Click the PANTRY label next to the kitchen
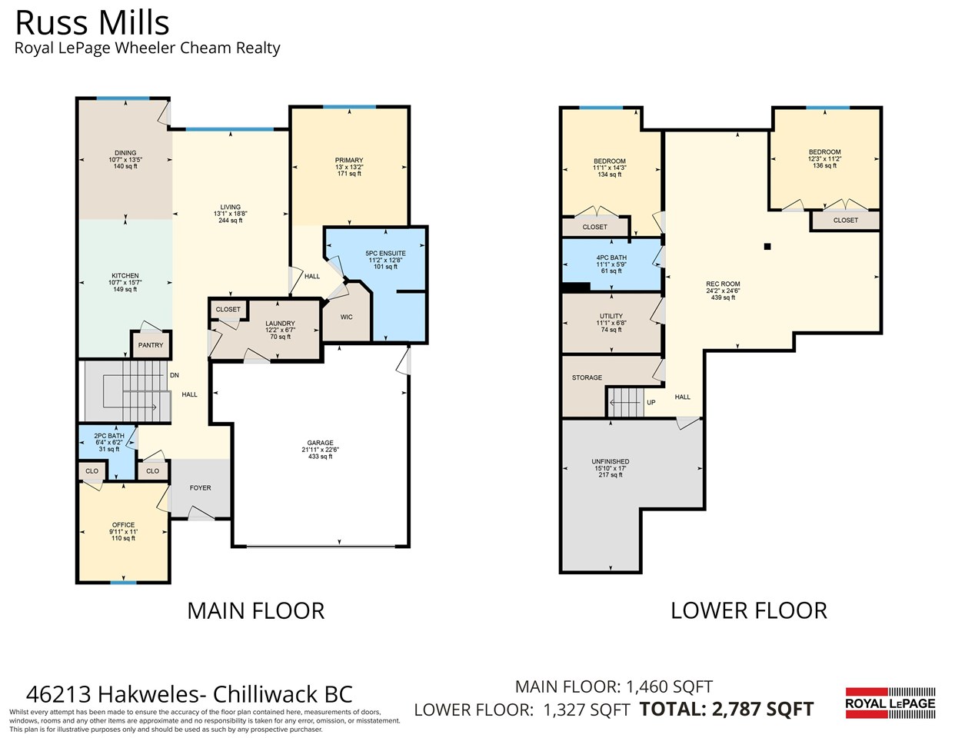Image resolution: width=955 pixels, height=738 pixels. (151, 345)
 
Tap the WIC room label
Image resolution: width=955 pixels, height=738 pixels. (346, 317)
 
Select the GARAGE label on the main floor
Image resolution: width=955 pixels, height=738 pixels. (321, 443)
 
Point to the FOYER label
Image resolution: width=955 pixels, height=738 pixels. (201, 488)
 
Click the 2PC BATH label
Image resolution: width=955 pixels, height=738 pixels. (109, 436)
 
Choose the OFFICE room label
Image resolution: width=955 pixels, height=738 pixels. (124, 525)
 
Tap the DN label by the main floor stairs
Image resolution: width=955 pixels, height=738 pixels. (175, 376)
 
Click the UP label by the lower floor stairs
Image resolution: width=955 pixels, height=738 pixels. (651, 402)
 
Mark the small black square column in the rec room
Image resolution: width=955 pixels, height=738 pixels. (767, 247)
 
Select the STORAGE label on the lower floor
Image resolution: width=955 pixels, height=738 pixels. (587, 377)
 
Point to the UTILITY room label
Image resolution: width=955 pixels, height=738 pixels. (611, 316)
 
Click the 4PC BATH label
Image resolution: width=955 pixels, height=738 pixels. (611, 258)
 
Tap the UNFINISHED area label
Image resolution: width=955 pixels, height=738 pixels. (611, 462)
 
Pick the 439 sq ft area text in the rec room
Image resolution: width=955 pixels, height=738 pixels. (723, 298)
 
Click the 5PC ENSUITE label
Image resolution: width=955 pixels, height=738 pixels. (385, 254)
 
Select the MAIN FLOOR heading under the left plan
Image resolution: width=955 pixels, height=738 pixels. (256, 611)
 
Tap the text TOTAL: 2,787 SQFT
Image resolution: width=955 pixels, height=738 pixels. (727, 709)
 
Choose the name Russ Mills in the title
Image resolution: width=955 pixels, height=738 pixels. (92, 23)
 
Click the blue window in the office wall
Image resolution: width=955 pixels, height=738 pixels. (124, 583)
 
